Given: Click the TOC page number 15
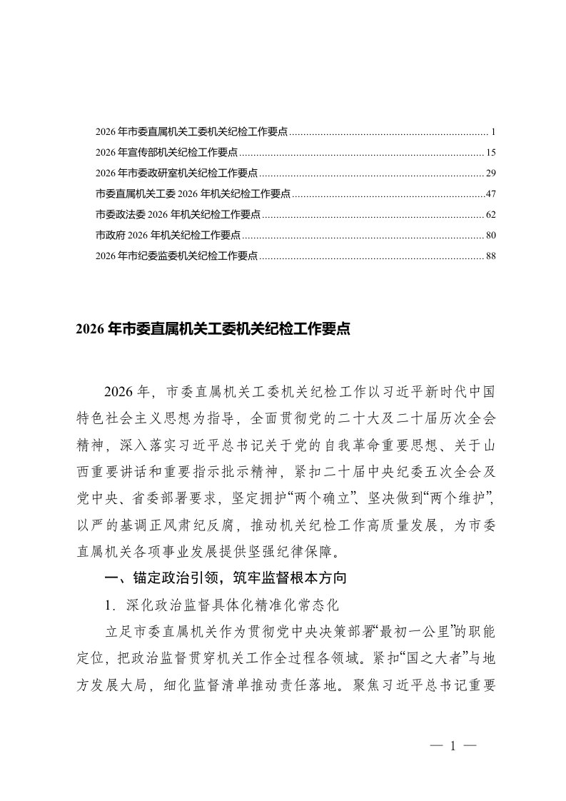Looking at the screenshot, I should pyautogui.click(x=490, y=153).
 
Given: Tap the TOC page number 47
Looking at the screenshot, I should pyautogui.click(x=490, y=194).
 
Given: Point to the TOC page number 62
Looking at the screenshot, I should pyautogui.click(x=490, y=215).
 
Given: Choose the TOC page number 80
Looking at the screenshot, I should pyautogui.click(x=490, y=235).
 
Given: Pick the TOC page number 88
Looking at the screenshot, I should pyautogui.click(x=490, y=256).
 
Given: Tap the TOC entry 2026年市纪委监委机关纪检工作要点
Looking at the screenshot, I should pyautogui.click(x=177, y=256).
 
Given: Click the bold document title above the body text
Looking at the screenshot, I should pyautogui.click(x=212, y=331).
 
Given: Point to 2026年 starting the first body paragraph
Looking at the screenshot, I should pyautogui.click(x=124, y=393).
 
